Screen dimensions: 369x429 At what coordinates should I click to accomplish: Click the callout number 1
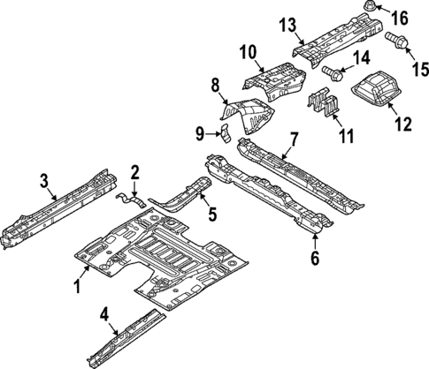(x=77, y=286)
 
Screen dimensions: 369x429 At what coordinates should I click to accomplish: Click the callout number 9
(x=201, y=133)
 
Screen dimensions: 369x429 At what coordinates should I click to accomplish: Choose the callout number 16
(x=399, y=17)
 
